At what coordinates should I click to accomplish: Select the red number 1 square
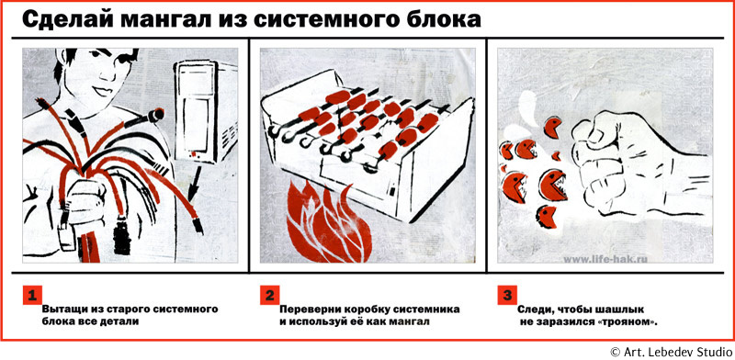pyautogui.click(x=32, y=295)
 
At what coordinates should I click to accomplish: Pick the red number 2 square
pyautogui.click(x=269, y=295)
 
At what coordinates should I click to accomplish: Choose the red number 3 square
pyautogui.click(x=507, y=295)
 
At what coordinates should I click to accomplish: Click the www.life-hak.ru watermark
pyautogui.click(x=604, y=258)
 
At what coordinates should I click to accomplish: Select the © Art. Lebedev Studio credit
pyautogui.click(x=671, y=352)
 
